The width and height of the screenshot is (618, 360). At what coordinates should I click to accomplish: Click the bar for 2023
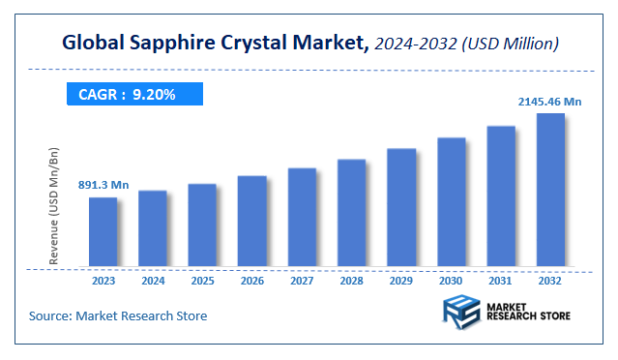pos(103,232)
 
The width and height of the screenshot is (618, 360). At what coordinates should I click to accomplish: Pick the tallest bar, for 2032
pos(550,190)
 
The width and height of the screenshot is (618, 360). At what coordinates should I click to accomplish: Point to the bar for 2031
pos(501,196)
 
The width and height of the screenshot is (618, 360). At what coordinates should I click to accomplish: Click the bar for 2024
pos(153,228)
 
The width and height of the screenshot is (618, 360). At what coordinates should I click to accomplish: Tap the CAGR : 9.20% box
pos(134,95)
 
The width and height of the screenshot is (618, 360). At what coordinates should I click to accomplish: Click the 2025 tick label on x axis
pos(202,282)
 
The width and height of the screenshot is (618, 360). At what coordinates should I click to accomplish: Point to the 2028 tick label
pos(351,282)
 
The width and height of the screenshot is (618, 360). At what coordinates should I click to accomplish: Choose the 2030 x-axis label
pos(451,282)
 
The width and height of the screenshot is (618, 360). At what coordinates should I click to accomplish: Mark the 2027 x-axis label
pos(302,282)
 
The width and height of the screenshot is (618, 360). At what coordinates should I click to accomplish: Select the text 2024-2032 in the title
pos(415,44)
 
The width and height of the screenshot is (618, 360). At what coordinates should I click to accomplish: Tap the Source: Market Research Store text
pos(118,315)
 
